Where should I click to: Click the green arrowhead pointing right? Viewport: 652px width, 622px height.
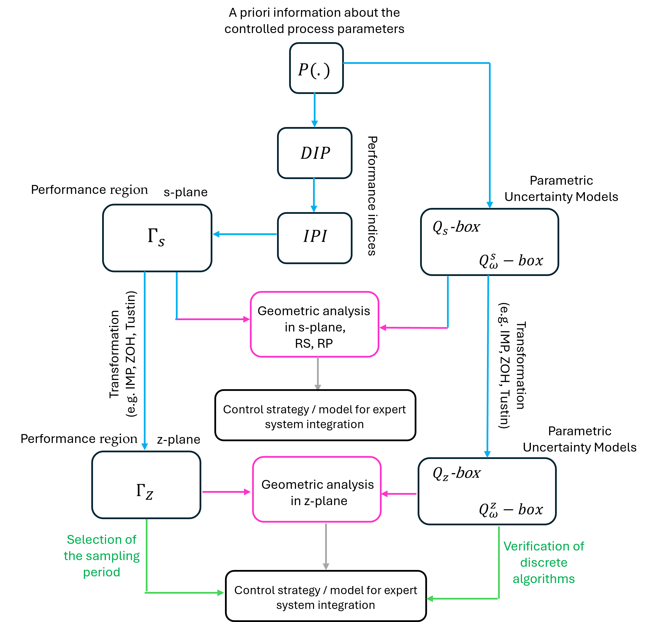click(221, 593)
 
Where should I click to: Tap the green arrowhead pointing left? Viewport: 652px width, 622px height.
click(429, 599)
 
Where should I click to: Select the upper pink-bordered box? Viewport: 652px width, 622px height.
click(314, 324)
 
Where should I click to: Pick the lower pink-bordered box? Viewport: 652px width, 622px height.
click(317, 489)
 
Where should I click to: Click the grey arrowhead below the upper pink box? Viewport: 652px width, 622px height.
click(318, 387)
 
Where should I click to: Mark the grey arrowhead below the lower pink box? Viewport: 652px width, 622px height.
click(326, 566)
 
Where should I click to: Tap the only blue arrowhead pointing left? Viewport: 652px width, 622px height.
click(216, 234)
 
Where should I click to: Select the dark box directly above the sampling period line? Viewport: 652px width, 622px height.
click(146, 485)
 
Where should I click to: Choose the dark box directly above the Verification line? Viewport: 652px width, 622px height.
click(487, 491)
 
